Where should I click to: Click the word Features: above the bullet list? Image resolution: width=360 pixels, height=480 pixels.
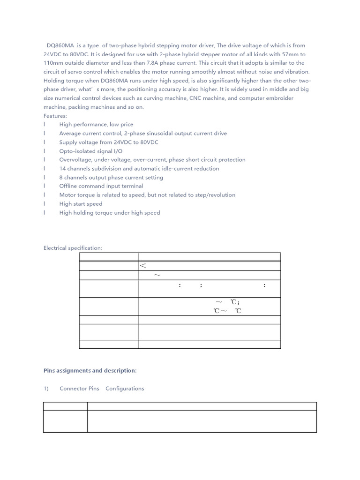tap(55, 116)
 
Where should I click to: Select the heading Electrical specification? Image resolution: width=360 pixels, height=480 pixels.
tap(73, 248)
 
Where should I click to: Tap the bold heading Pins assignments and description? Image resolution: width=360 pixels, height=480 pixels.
tap(90, 371)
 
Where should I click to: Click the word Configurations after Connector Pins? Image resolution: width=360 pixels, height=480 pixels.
tap(125, 389)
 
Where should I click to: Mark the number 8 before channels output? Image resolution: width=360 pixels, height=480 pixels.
tap(61, 177)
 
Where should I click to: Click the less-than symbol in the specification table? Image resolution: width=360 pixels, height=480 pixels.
tap(143, 266)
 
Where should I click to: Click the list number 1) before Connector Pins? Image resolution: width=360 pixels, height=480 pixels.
tap(46, 389)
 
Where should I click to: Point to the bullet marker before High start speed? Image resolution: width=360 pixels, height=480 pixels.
tap(45, 204)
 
